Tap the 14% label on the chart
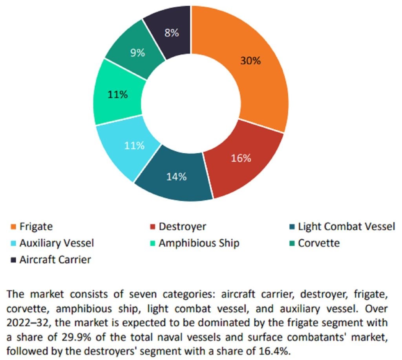click(175, 177)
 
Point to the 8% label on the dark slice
click(172, 33)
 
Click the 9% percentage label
click(138, 53)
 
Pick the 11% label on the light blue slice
click(135, 145)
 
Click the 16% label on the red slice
click(241, 158)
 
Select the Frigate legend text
click(36, 227)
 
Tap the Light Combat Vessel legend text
click(346, 227)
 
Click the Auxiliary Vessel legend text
click(57, 243)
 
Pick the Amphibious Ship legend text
click(199, 243)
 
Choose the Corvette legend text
click(319, 243)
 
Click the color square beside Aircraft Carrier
click(14, 260)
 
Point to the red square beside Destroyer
click(153, 227)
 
